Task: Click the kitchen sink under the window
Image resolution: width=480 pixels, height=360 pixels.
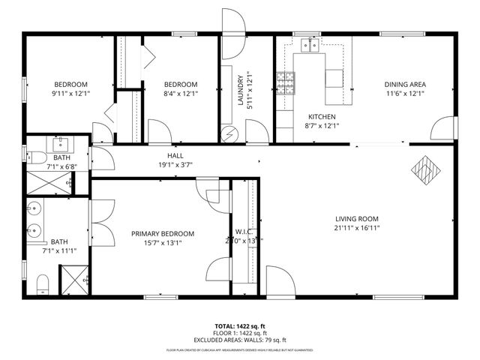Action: pyautogui.click(x=307, y=45)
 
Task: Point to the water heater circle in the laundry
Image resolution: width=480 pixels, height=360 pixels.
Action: pyautogui.click(x=230, y=133)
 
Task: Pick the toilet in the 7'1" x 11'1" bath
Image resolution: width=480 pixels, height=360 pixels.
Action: pyautogui.click(x=42, y=282)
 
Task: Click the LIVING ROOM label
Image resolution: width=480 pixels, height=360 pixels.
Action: pyautogui.click(x=356, y=219)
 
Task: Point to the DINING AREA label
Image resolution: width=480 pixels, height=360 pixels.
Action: pyautogui.click(x=405, y=84)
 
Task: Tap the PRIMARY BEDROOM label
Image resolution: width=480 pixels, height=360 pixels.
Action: pyautogui.click(x=163, y=234)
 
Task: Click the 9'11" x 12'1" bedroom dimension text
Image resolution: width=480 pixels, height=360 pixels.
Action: pyautogui.click(x=70, y=94)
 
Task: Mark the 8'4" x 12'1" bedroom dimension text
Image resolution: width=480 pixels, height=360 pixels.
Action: pyautogui.click(x=181, y=94)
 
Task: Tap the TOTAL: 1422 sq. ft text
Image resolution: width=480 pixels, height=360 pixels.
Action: pyautogui.click(x=240, y=325)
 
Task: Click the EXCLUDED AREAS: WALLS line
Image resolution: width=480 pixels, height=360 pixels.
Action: pyautogui.click(x=240, y=340)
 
